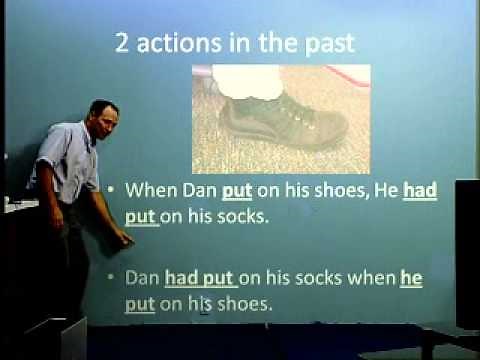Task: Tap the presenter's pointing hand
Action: coord(124,238)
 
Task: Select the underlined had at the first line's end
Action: coord(423,189)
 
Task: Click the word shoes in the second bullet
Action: coord(245,305)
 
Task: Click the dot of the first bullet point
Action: coord(115,190)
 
